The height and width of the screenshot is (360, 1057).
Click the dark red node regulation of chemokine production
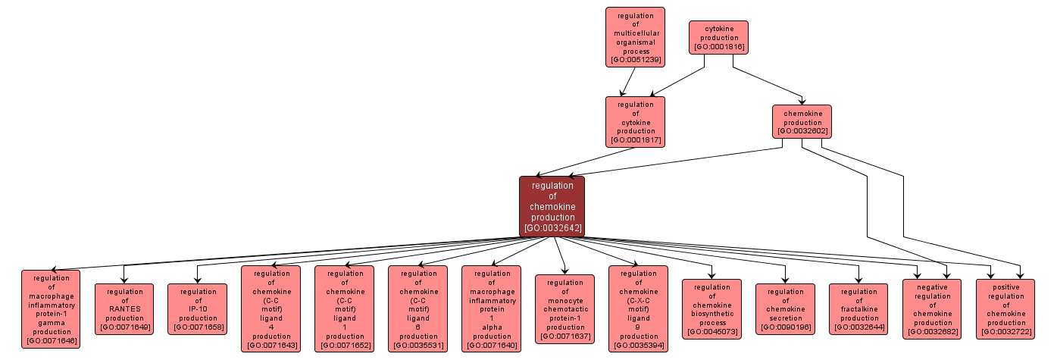552,206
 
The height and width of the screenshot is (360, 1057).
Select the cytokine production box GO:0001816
718,37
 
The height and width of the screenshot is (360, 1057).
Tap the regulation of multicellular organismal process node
635,38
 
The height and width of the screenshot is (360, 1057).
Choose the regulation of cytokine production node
635,121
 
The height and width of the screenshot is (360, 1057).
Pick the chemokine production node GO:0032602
802,121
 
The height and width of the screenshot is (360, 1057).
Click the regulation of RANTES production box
124,309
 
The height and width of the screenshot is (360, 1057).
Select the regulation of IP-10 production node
198,309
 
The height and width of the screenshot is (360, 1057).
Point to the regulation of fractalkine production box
858,309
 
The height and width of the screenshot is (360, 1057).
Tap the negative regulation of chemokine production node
932,309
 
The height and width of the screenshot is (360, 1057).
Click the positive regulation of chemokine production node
1005,309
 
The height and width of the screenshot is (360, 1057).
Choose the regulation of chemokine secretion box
785,309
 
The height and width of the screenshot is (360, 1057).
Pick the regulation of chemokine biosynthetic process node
711,309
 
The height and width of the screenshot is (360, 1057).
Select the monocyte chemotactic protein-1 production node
564,309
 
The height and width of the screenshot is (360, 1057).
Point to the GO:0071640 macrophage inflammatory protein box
491,309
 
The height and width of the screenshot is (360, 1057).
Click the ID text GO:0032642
552,227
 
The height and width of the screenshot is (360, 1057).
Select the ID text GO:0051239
635,59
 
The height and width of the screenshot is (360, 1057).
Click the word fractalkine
858,309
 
